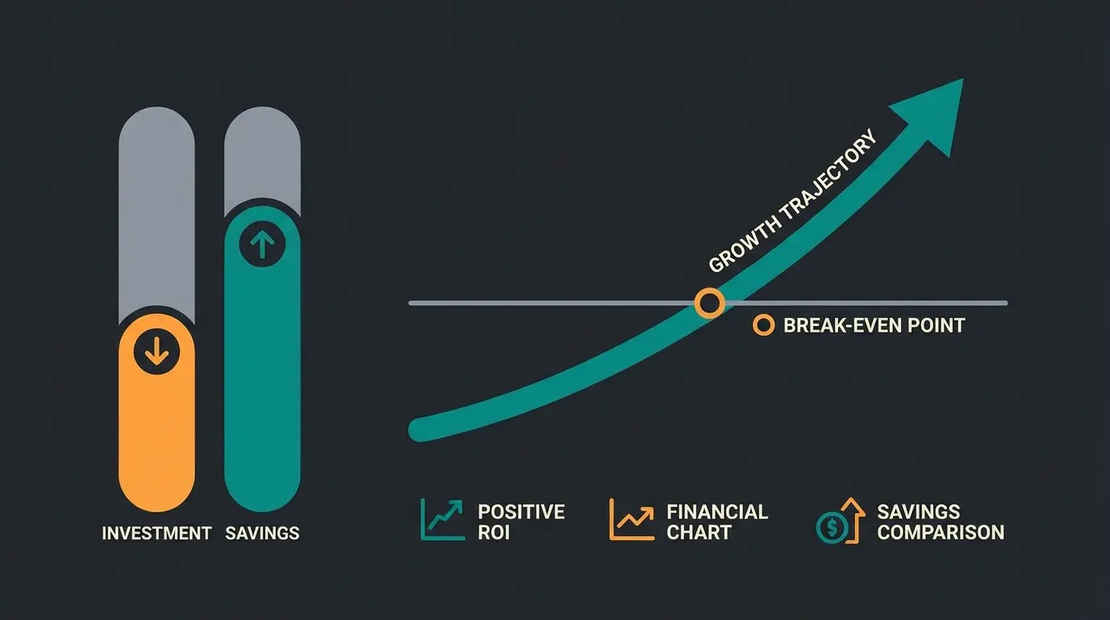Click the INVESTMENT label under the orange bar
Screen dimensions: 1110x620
tap(156, 533)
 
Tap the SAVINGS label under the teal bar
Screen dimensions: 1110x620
tap(263, 533)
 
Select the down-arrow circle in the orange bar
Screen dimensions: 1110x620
tap(156, 351)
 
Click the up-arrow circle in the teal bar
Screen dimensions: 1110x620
tap(262, 244)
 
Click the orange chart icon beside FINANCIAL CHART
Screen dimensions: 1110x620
tap(631, 519)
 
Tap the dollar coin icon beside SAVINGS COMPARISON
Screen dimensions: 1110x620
tap(832, 527)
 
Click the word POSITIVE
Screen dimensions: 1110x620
tap(521, 512)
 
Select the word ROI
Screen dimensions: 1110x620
tap(494, 533)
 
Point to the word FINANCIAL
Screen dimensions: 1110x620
tap(717, 512)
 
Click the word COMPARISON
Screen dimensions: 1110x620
tap(941, 533)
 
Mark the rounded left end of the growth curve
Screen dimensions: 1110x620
tap(419, 429)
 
